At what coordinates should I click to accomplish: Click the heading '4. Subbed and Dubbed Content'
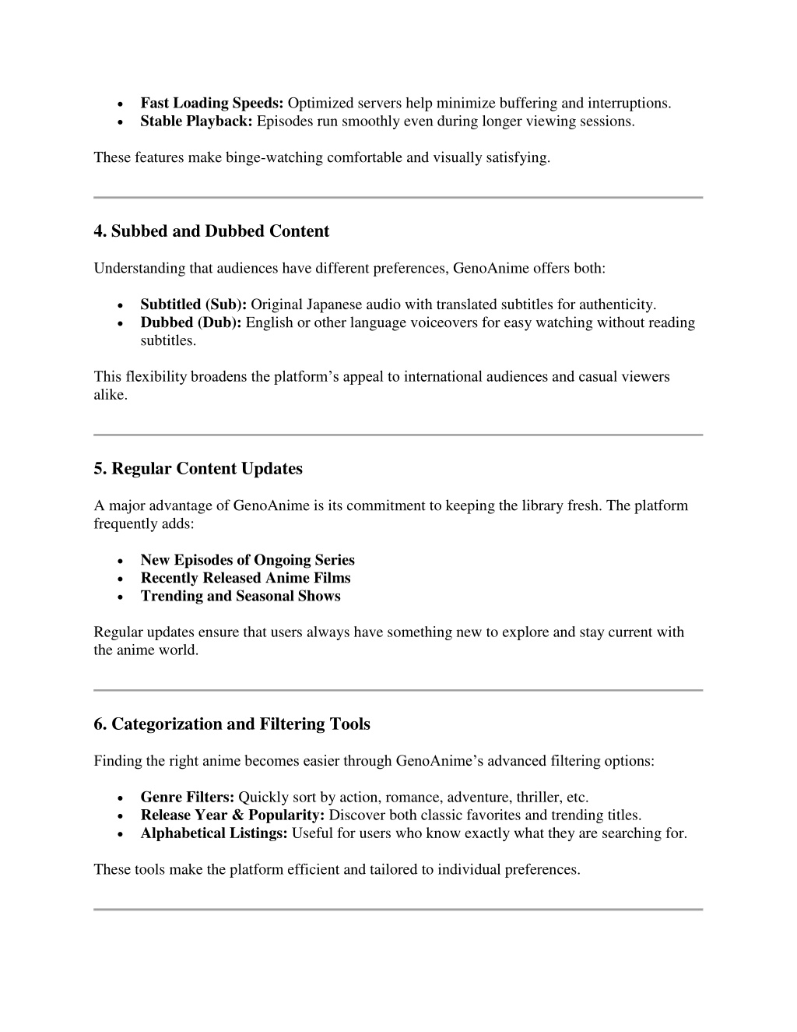[x=211, y=231]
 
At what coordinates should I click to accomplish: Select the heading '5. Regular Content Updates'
[x=198, y=469]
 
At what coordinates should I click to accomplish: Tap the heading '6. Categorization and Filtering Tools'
[x=231, y=724]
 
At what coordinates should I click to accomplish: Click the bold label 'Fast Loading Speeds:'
[x=212, y=104]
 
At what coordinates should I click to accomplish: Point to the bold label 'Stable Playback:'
[x=197, y=122]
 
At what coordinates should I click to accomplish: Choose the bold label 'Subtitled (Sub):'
[x=193, y=305]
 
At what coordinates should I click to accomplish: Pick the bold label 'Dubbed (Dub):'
[x=191, y=322]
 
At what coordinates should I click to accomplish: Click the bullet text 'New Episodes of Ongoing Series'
[x=248, y=560]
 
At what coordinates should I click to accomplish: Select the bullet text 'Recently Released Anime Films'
[x=245, y=578]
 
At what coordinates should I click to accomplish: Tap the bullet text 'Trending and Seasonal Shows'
[x=241, y=596]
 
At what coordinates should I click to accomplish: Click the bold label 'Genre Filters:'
[x=187, y=798]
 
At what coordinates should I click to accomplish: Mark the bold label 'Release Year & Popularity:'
[x=232, y=815]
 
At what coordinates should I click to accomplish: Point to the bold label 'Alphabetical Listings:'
[x=214, y=833]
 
